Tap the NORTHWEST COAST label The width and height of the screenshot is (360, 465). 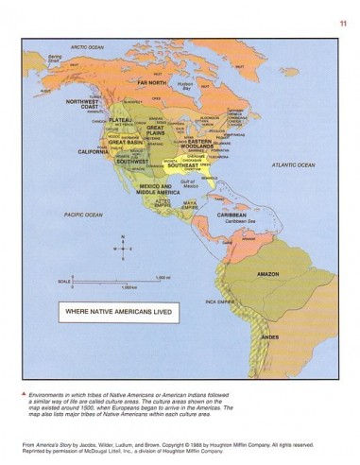[x=81, y=103]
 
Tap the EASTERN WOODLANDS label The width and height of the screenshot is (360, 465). [x=193, y=138]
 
